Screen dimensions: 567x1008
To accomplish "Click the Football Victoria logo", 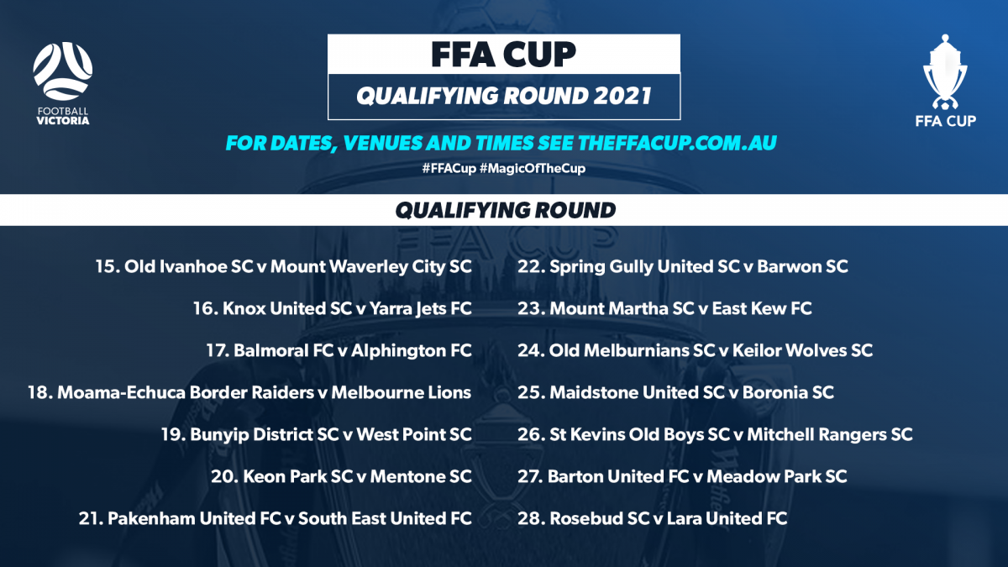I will (62, 83).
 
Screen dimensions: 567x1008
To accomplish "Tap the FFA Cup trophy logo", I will (945, 80).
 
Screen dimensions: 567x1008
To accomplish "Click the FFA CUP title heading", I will (503, 54).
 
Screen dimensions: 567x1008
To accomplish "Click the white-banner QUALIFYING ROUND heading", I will (505, 210).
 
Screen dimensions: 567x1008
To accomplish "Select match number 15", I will (107, 266).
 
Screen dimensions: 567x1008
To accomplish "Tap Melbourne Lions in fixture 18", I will (402, 392).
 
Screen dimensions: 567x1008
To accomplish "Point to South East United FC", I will (385, 518).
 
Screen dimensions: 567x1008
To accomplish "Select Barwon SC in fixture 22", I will (803, 266).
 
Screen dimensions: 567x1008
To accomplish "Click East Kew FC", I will (762, 308).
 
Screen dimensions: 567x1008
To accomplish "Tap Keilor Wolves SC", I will (803, 350).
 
